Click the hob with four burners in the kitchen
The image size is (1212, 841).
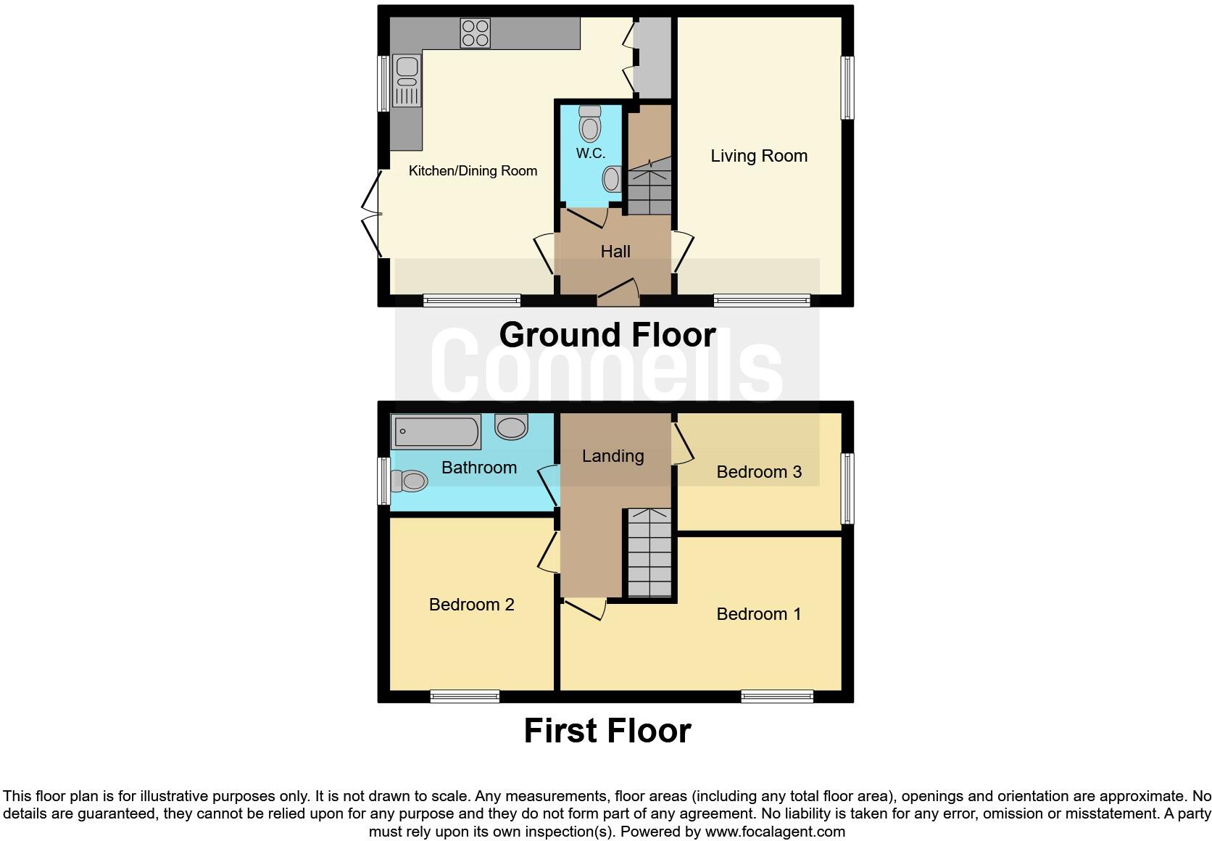[x=475, y=33]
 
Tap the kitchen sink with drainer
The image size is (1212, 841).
[x=407, y=80]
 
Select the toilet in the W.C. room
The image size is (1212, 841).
[x=590, y=125]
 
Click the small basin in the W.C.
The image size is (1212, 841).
[x=613, y=179]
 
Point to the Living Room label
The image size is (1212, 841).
[x=758, y=156]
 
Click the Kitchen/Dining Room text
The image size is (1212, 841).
[x=473, y=171]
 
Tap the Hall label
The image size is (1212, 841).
[x=615, y=252]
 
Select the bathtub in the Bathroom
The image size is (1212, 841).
[x=436, y=432]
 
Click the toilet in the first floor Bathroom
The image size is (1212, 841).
[x=409, y=480]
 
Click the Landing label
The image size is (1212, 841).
[x=613, y=456]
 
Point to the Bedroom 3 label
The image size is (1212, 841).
[x=758, y=472]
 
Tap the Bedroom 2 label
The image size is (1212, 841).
[x=471, y=605]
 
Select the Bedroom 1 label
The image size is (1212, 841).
[x=758, y=614]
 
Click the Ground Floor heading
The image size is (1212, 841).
[x=607, y=335]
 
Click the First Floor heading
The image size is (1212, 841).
[x=607, y=731]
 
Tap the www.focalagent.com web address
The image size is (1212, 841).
[x=774, y=832]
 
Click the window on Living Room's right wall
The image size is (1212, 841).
[x=847, y=88]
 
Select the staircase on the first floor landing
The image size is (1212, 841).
[x=649, y=552]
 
